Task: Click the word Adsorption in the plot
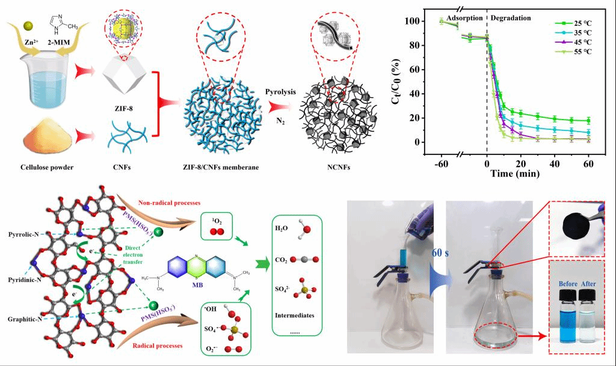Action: point(466,18)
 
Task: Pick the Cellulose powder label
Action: point(47,166)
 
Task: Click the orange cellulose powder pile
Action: point(47,136)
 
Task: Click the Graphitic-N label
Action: point(23,320)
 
